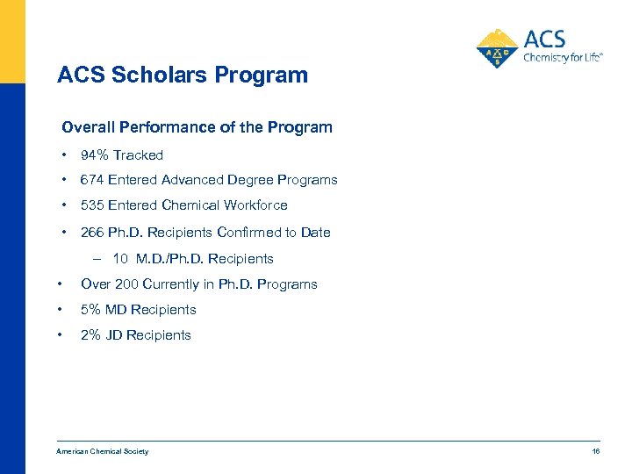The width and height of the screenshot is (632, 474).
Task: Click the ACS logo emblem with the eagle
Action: [498, 49]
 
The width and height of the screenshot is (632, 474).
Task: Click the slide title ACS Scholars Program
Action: [183, 75]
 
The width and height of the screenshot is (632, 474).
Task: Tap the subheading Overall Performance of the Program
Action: [197, 127]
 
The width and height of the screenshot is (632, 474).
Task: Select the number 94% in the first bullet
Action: [94, 155]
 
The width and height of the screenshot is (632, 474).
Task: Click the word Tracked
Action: [138, 155]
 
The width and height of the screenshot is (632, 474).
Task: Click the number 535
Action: [92, 205]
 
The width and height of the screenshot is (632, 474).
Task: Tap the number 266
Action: [92, 233]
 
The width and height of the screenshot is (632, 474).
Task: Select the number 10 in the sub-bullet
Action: [120, 259]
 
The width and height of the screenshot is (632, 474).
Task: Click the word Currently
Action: [182, 284]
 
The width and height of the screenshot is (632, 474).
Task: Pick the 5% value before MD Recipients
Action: [90, 310]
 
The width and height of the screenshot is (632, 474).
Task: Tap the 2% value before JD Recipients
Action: [90, 335]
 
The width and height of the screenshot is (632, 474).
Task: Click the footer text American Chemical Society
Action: [102, 452]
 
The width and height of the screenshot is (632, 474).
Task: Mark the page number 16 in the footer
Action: [595, 452]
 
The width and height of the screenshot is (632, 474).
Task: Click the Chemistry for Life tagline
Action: [563, 58]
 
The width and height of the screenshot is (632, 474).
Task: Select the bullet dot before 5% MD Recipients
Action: [58, 310]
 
